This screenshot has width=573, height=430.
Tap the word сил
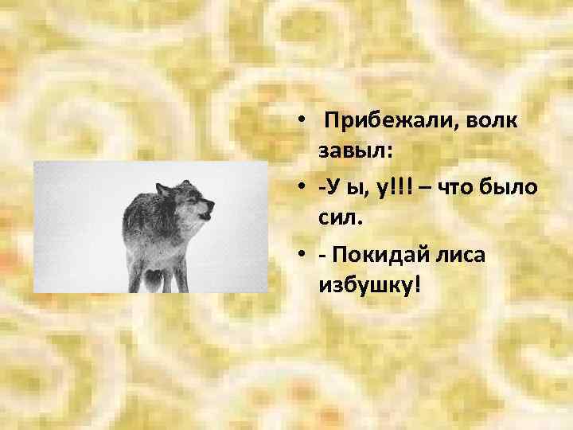point(338,215)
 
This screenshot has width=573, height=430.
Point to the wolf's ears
point(164,189)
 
